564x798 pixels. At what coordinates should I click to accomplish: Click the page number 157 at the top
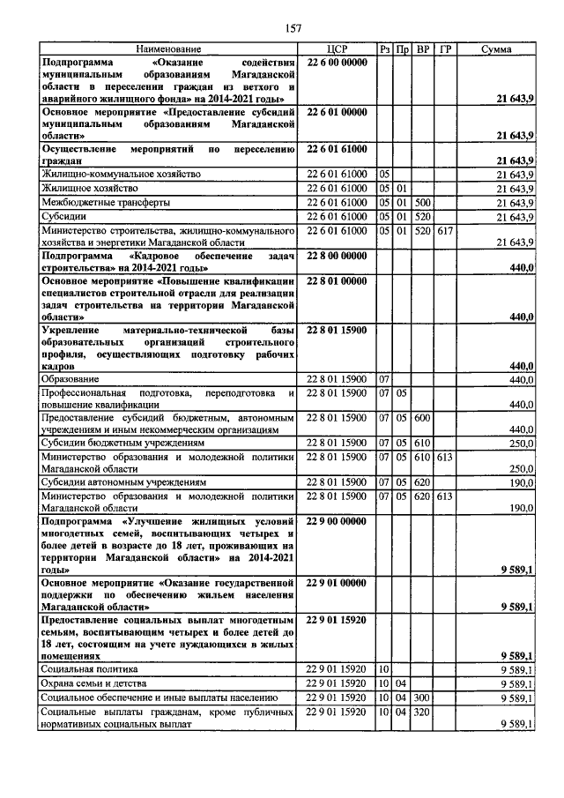[293, 28]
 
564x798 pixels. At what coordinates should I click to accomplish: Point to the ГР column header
[445, 50]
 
